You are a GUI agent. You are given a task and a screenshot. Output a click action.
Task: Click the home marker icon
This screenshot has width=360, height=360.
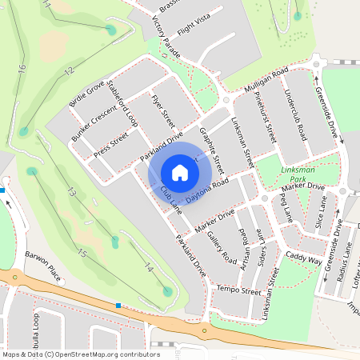coord(180,172)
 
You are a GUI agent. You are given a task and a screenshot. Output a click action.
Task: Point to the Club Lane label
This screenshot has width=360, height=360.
coord(170,199)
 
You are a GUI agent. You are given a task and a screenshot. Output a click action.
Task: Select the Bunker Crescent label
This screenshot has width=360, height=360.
coord(94,126)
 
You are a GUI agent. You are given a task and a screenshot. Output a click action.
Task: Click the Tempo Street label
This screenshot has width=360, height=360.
coord(239,289)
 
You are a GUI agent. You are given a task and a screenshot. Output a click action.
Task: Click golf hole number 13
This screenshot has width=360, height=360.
coord(70,192)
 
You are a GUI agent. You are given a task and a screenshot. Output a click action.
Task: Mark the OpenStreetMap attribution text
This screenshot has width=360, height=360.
coord(70,354)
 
